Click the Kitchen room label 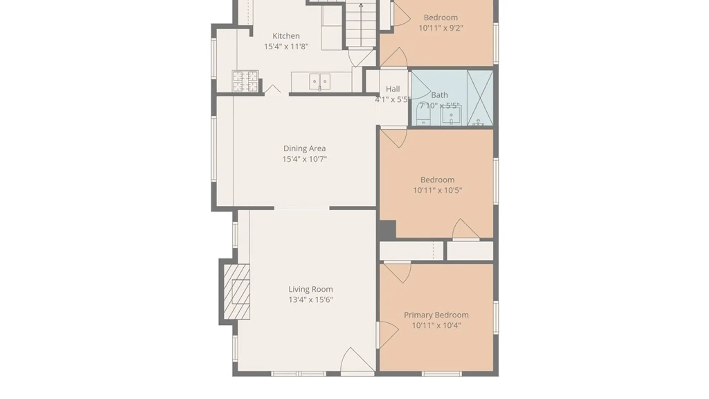coord(286,36)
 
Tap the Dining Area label coord(304,148)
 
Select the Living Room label coord(311,289)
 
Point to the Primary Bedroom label coord(436,315)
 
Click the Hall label coord(393,89)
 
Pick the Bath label coord(439,95)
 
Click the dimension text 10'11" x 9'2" coord(441,28)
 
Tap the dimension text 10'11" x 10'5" coord(437,190)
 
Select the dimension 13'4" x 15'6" coord(311,300)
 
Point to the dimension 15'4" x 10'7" coord(305,159)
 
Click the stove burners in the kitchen coord(245,81)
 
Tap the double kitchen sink coord(319,82)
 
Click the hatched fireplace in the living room coord(237,291)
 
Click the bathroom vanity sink coord(451,116)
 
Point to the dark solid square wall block coord(386,229)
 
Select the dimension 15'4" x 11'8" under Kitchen coord(286,47)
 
